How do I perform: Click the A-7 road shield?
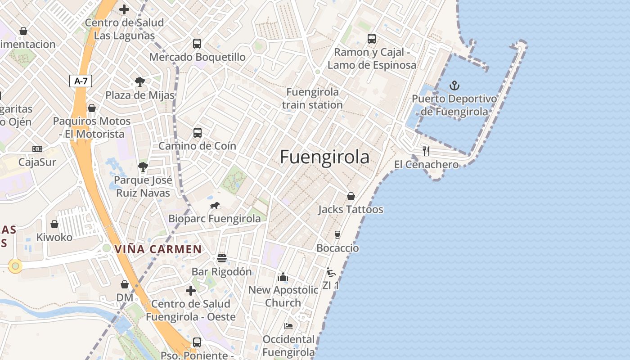click(x=81, y=81)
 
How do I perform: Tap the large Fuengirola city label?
click(x=324, y=157)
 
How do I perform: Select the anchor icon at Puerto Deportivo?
click(x=454, y=85)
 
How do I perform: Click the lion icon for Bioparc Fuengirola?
click(x=215, y=206)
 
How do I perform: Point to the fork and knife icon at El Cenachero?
click(x=426, y=151)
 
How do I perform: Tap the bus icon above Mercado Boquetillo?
click(x=197, y=44)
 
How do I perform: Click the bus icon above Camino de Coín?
click(x=197, y=133)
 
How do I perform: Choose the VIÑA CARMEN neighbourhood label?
click(x=158, y=249)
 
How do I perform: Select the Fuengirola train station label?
click(x=312, y=98)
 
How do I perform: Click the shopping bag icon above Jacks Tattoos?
click(x=351, y=196)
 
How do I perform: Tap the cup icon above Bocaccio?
click(x=337, y=234)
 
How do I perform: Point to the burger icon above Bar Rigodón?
click(x=221, y=258)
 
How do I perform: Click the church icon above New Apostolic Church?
click(x=283, y=277)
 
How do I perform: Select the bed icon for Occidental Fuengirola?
click(x=288, y=326)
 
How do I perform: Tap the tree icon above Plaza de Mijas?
click(x=140, y=82)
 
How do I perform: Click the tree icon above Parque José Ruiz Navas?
click(x=143, y=167)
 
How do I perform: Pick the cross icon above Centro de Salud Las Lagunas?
click(x=124, y=9)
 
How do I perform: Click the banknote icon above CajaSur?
click(x=37, y=148)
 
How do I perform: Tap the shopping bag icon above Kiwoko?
click(x=54, y=224)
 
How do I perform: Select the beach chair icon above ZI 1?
click(x=331, y=272)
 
